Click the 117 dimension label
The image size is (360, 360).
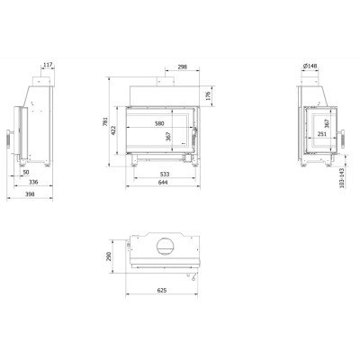point(48,65)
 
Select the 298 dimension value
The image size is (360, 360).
point(183,67)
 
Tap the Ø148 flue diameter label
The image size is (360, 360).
point(310,66)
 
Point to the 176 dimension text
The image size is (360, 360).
point(209,96)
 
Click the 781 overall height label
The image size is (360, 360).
point(105,121)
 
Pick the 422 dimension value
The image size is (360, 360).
point(113,130)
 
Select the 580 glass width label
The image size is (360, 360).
point(159,123)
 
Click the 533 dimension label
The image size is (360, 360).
point(165,174)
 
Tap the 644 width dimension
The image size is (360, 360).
point(163,182)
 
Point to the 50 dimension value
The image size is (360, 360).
point(26,172)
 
